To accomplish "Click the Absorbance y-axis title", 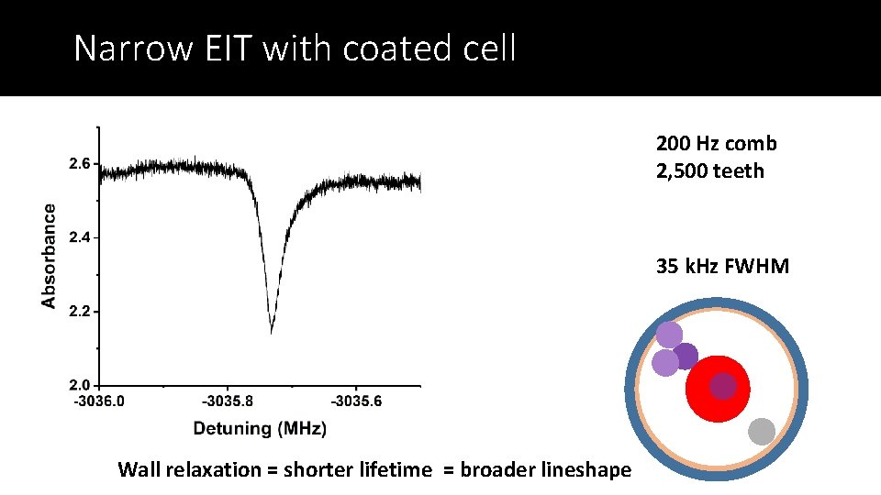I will pos(49,256).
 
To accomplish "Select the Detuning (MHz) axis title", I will pos(260,428).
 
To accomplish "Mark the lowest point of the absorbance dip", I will pos(271,333).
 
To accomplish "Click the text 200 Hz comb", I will pos(716,144).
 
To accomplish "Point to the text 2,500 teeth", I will pos(709,171).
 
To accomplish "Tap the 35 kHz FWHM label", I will pos(722,268).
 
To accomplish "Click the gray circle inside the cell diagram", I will pos(762,431).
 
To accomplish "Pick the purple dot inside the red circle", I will pos(723,387).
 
